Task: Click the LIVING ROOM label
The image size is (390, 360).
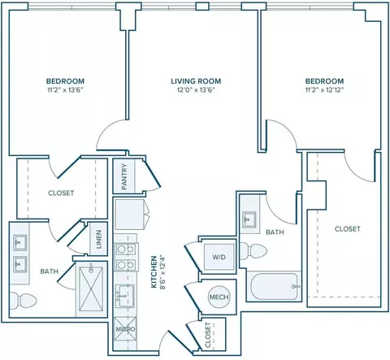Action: [196, 81]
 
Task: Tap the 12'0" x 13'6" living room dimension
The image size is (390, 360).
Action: [196, 90]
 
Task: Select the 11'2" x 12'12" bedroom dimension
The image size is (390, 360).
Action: [324, 90]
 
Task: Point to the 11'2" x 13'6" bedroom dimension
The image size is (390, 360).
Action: [65, 90]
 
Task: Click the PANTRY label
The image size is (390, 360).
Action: [124, 176]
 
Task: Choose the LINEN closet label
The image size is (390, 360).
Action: [99, 239]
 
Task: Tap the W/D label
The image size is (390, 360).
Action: [219, 257]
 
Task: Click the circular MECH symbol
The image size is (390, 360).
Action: [219, 297]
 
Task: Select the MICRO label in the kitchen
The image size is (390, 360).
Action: [125, 329]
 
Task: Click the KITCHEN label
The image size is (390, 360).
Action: [154, 271]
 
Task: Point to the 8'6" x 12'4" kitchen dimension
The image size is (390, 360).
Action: [162, 271]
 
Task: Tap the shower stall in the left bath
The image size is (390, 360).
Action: [92, 289]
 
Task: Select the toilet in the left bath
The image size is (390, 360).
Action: [23, 301]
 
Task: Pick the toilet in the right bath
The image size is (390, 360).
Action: [253, 251]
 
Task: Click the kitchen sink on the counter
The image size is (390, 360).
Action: [124, 296]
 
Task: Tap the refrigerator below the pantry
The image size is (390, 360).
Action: [129, 215]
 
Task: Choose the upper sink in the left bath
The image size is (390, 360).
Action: [20, 243]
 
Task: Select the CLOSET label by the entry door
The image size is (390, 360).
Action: [208, 335]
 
